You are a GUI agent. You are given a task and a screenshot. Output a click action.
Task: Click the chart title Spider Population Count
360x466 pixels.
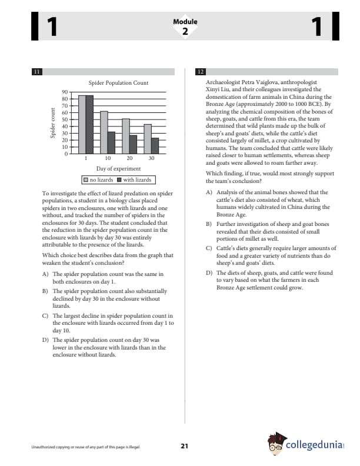tap(118, 83)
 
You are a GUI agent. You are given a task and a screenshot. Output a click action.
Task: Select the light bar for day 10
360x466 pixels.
tap(104, 132)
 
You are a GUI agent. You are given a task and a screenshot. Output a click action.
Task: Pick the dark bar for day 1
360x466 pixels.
tap(89, 124)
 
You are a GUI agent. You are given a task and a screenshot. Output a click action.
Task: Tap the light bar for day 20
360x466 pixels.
tap(126, 136)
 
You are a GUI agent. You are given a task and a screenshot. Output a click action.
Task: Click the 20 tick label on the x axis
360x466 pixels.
tap(129, 159)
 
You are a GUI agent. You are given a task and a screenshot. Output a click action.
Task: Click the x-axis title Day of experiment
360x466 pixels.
tap(118, 169)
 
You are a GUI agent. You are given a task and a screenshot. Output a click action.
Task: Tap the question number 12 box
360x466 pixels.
tap(200, 72)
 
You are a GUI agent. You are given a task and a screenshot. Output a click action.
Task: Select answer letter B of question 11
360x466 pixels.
tap(46, 291)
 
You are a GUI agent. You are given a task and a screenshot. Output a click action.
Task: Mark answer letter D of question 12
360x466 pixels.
tap(209, 273)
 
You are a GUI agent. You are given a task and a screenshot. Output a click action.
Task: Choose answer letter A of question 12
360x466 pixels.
tap(209, 192)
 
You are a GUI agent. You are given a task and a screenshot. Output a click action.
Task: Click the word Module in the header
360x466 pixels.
tap(185, 22)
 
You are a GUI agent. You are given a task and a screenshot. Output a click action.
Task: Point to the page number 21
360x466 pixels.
tap(184, 447)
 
